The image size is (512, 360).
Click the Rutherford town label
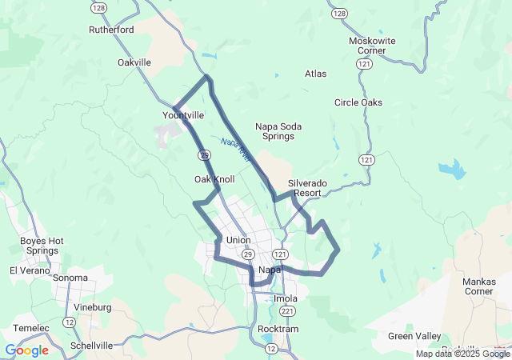tap(111, 30)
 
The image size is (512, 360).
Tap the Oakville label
tap(134, 62)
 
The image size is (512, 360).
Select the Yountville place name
tap(183, 115)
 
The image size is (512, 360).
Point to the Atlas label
tap(315, 74)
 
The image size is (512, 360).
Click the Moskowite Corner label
tap(367, 46)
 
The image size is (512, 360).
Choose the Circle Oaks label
tap(358, 102)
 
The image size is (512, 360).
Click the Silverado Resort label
tap(308, 188)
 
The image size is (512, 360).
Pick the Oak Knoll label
tap(214, 179)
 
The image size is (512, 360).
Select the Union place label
tap(238, 240)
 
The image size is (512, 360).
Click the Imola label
tap(286, 298)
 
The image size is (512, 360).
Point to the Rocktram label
tap(278, 329)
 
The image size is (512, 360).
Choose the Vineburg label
tap(92, 307)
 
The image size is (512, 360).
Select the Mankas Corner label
tap(478, 286)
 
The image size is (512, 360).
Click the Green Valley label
tap(414, 336)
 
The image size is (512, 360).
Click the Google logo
tap(26, 350)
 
